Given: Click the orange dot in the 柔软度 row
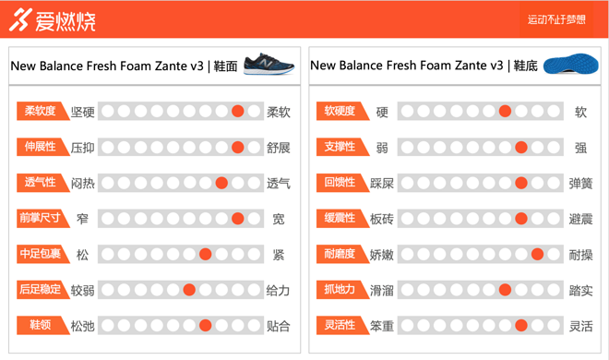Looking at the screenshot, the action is tap(238, 112).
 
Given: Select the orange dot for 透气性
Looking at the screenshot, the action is tap(221, 183).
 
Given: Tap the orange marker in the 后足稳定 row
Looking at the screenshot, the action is tap(189, 290).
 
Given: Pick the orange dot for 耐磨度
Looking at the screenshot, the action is tap(538, 254).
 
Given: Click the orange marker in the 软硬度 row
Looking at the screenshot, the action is tap(505, 112).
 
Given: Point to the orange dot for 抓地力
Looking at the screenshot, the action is tap(505, 290).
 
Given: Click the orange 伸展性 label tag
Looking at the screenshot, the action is tap(41, 148).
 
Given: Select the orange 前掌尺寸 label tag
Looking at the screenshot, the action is tap(41, 219).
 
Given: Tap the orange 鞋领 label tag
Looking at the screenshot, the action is tap(41, 325).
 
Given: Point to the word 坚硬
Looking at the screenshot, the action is tap(83, 113).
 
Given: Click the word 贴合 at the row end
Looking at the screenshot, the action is tap(278, 326).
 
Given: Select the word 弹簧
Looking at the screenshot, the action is tap(580, 184).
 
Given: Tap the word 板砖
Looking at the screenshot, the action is tap(382, 219).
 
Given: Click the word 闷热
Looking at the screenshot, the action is tap(83, 184).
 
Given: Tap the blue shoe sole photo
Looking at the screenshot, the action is tap(570, 65).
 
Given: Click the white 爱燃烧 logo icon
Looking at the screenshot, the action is tap(20, 20).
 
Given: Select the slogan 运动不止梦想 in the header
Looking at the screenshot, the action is tap(556, 19).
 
